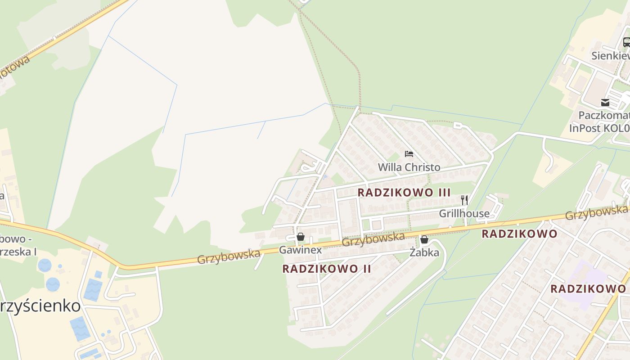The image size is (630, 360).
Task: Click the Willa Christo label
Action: (409, 167)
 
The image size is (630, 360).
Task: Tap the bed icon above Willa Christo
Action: (409, 154)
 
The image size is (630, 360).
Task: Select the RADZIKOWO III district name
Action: (404, 193)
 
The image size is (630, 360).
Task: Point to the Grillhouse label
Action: (464, 213)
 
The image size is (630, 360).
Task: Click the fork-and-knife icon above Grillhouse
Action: (464, 200)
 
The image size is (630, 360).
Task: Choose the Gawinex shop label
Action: (300, 250)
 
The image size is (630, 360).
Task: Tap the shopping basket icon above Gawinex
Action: (301, 237)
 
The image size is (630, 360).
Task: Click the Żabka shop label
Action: (424, 252)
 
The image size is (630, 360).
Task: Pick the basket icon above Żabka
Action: (424, 239)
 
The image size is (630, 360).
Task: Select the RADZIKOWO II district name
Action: (327, 269)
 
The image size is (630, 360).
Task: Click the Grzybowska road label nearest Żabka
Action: (373, 238)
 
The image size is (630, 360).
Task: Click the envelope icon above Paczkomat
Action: (605, 103)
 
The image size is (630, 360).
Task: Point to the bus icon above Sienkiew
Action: (626, 42)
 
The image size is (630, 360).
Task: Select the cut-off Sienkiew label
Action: (610, 56)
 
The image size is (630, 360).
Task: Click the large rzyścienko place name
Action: (40, 306)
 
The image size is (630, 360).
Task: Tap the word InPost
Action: (585, 128)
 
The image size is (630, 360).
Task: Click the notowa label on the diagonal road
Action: (15, 66)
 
